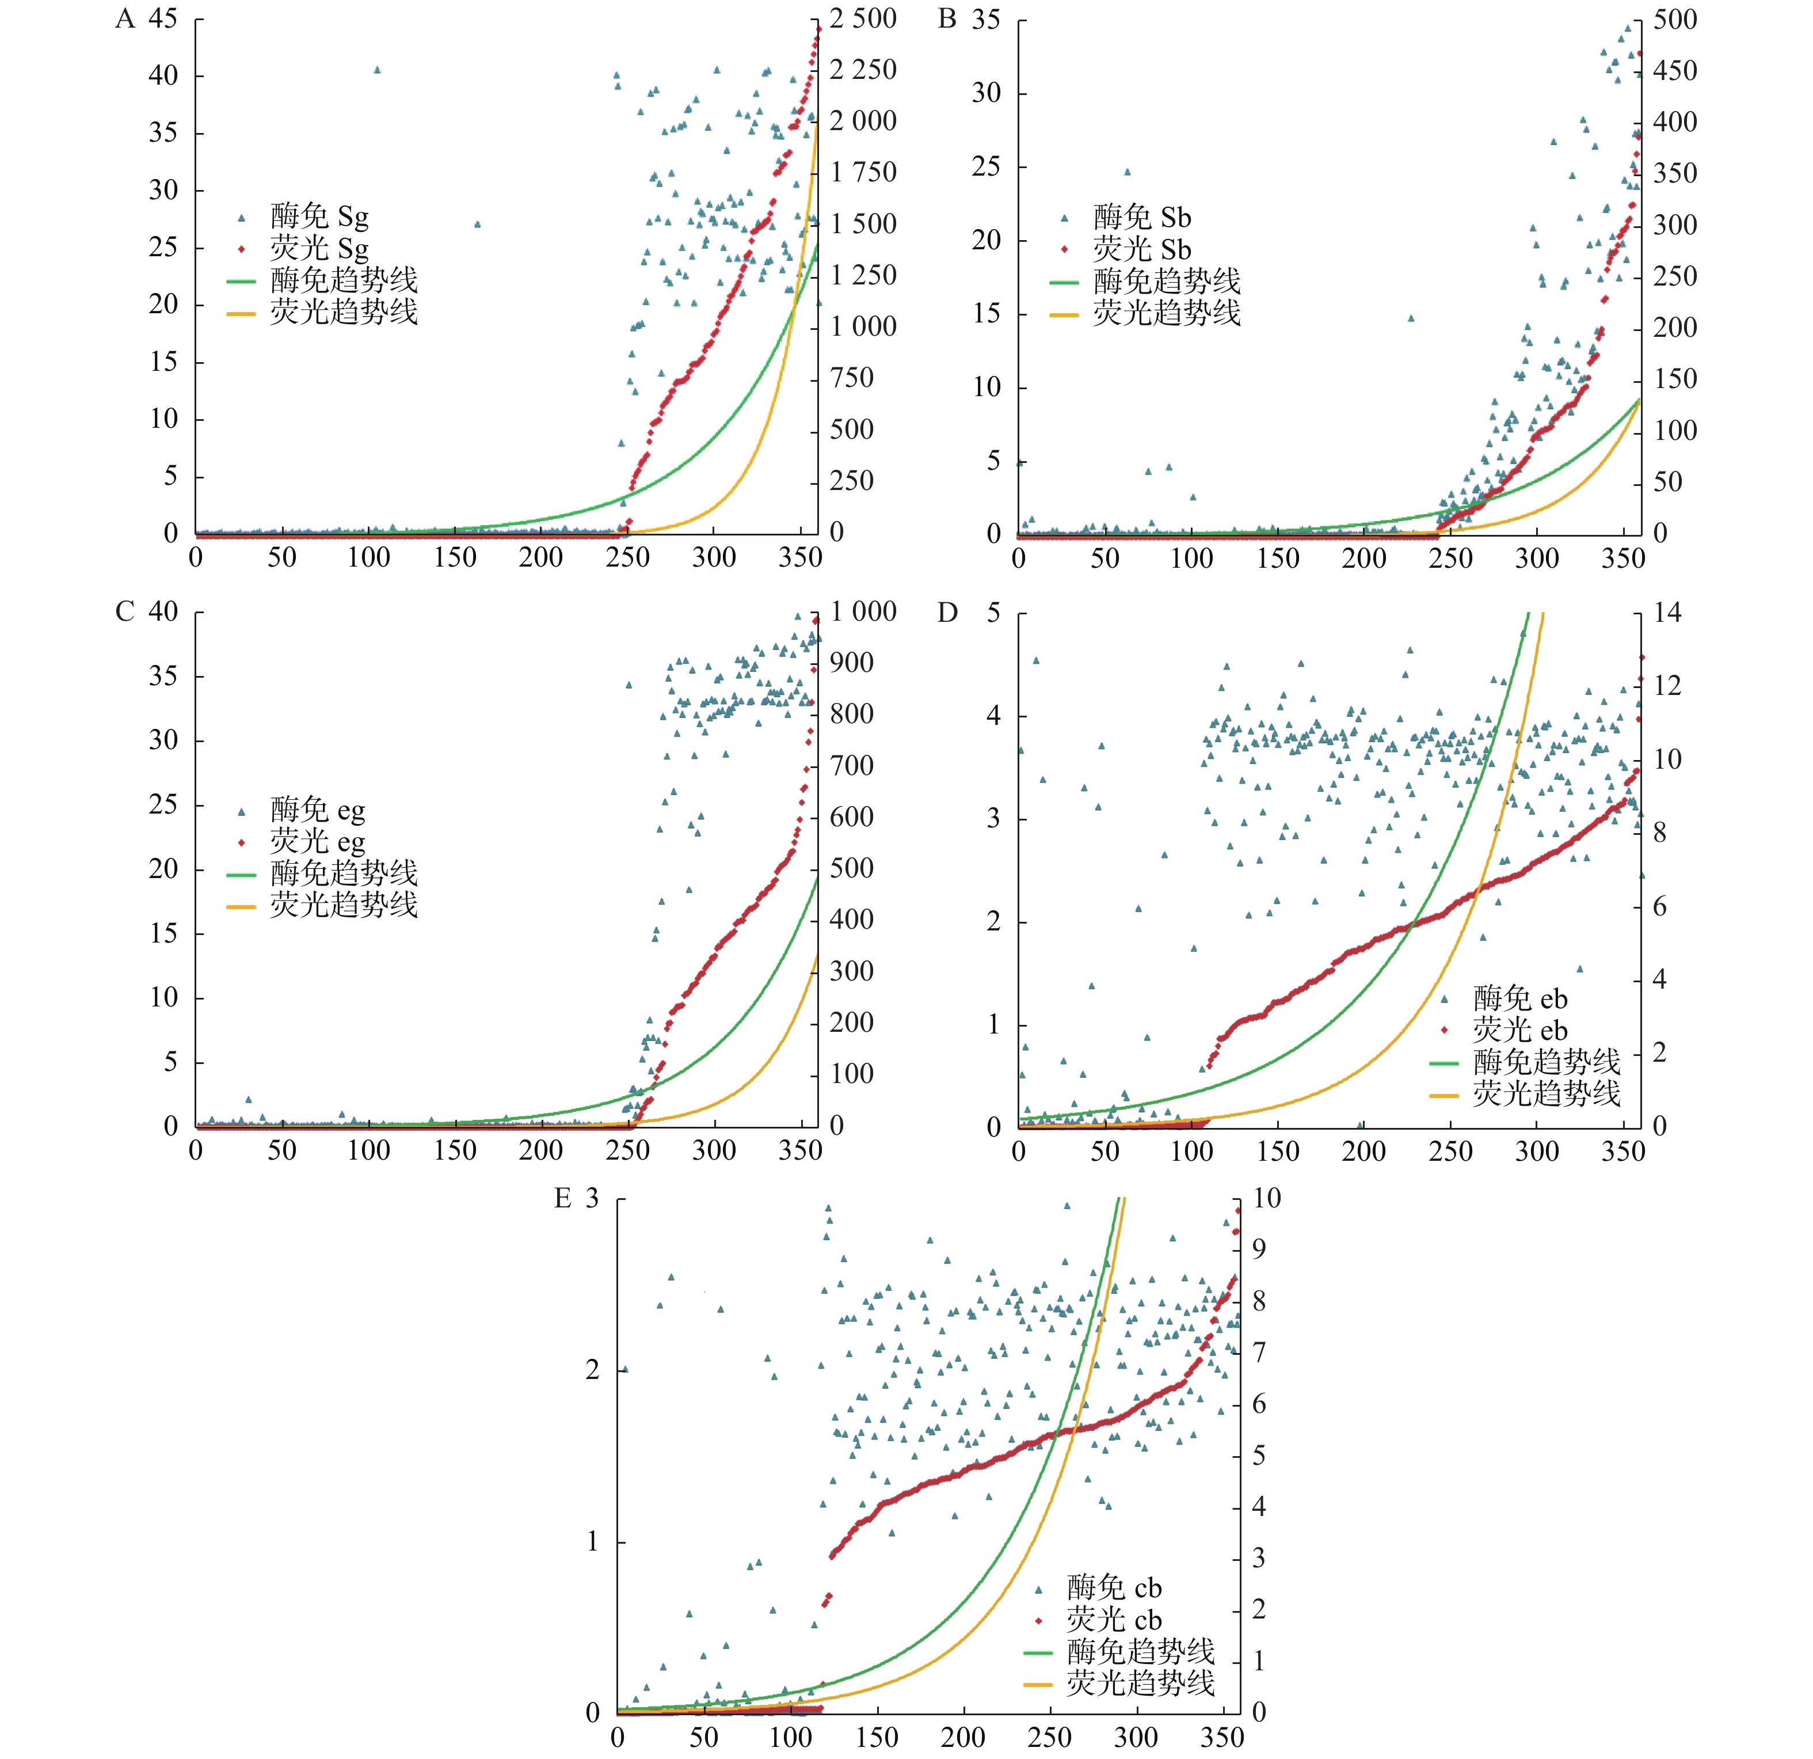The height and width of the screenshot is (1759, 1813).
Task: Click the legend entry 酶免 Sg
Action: tap(319, 216)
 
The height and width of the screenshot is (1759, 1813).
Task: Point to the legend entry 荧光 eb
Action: tap(1520, 1030)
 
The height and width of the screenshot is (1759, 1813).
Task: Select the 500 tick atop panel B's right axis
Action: tap(1675, 20)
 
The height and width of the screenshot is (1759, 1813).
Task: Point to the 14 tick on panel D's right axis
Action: tap(1667, 613)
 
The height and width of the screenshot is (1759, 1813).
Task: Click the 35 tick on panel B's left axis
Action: tap(986, 20)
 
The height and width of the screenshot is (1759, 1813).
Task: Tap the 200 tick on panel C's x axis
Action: tap(541, 1150)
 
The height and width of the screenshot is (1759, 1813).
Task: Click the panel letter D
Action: tap(947, 613)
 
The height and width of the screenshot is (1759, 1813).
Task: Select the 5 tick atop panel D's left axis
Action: tap(993, 613)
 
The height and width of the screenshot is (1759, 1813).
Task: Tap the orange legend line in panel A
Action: tap(241, 314)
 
